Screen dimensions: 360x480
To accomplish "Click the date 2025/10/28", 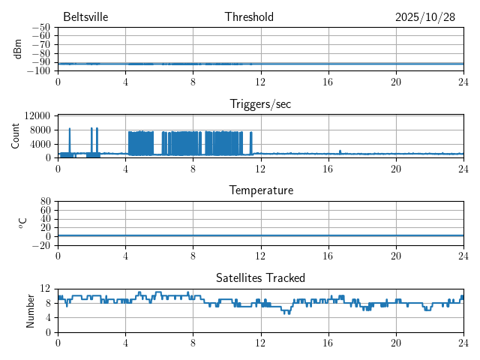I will (425, 17).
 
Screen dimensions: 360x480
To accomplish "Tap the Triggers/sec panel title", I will (260, 104).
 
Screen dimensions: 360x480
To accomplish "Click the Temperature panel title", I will (261, 190).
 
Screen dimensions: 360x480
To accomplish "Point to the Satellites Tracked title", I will (260, 278).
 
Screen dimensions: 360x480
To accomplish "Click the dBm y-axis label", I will (18, 49).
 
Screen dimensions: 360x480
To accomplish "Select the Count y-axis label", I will (15, 136).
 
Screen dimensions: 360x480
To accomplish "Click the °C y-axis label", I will (22, 223).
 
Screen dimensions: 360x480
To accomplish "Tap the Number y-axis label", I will (31, 310).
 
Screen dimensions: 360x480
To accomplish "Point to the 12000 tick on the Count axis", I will (37, 115).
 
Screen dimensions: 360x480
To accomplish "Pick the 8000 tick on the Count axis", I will (40, 130).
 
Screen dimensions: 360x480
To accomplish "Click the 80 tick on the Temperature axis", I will (45, 202).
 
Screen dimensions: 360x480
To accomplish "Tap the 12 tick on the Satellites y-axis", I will (45, 289).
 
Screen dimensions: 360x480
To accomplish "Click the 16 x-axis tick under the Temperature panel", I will (328, 255).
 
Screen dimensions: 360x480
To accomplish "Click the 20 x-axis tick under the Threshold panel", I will (395, 81).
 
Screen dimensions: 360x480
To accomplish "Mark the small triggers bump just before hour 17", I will (340, 151).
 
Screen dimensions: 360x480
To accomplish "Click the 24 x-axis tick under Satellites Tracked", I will (463, 342).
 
